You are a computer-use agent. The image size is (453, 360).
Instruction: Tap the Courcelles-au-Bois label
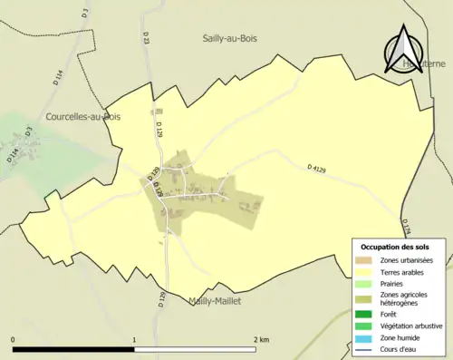(83, 117)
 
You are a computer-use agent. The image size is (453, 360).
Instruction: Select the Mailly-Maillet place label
(215, 301)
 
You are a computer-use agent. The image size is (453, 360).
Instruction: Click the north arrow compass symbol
(404, 47)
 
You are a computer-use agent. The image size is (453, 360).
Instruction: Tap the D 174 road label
(406, 226)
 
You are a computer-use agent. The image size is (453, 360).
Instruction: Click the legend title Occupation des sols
(395, 247)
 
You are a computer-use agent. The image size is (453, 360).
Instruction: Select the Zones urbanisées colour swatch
(363, 261)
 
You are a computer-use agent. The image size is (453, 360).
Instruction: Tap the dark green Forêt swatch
(363, 315)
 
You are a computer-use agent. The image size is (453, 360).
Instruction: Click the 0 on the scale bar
(14, 340)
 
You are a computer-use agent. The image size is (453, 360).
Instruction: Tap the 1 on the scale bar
(134, 340)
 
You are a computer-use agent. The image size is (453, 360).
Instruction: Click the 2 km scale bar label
(260, 340)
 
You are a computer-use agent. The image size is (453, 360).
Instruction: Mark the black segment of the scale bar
(73, 349)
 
